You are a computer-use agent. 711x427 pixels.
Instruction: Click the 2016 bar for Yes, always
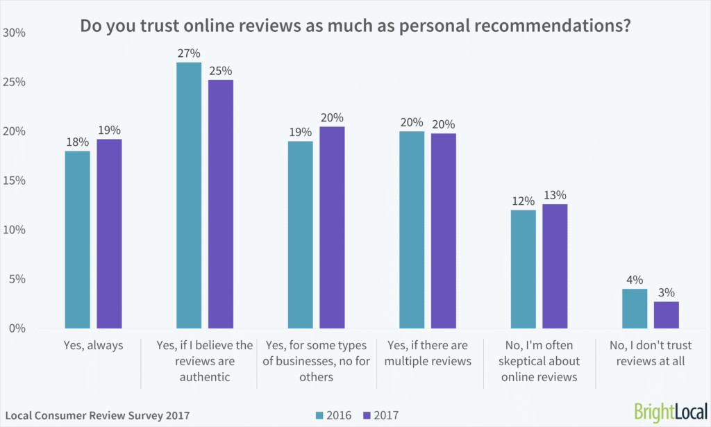coord(77,240)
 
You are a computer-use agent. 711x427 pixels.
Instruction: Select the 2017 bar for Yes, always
coord(109,233)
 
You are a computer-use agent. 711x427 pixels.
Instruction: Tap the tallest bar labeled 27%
coord(189,195)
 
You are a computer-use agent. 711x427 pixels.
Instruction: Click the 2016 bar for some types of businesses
coord(300,235)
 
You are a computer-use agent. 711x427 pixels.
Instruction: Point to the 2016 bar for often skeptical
coord(523,269)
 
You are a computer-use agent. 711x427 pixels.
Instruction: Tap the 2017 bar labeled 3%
coord(666,315)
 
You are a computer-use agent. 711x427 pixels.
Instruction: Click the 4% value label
coord(634,281)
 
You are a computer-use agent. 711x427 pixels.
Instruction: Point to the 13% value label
coord(555,195)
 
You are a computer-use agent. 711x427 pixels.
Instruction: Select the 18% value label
coord(77,142)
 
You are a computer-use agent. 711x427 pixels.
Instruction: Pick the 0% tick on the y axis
coord(17,328)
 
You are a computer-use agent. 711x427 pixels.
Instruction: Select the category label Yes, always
coord(93,344)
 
